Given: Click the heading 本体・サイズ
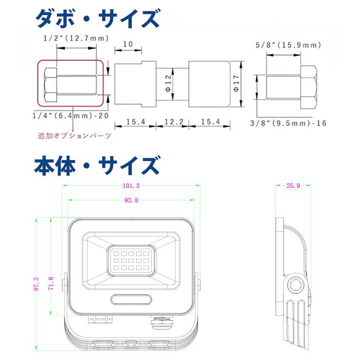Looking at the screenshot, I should click(x=97, y=165).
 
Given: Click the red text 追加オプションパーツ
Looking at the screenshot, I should click(x=75, y=136).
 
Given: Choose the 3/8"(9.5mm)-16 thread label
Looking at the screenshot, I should click(x=288, y=123).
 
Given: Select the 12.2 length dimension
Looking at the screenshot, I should click(x=172, y=121).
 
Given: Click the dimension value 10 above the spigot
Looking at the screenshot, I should click(x=128, y=44).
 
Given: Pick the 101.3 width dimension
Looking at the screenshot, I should click(x=131, y=185).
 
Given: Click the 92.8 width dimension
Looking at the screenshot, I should click(x=131, y=200).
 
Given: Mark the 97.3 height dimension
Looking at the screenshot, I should click(x=36, y=284).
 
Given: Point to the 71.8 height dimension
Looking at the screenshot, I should click(x=50, y=283).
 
